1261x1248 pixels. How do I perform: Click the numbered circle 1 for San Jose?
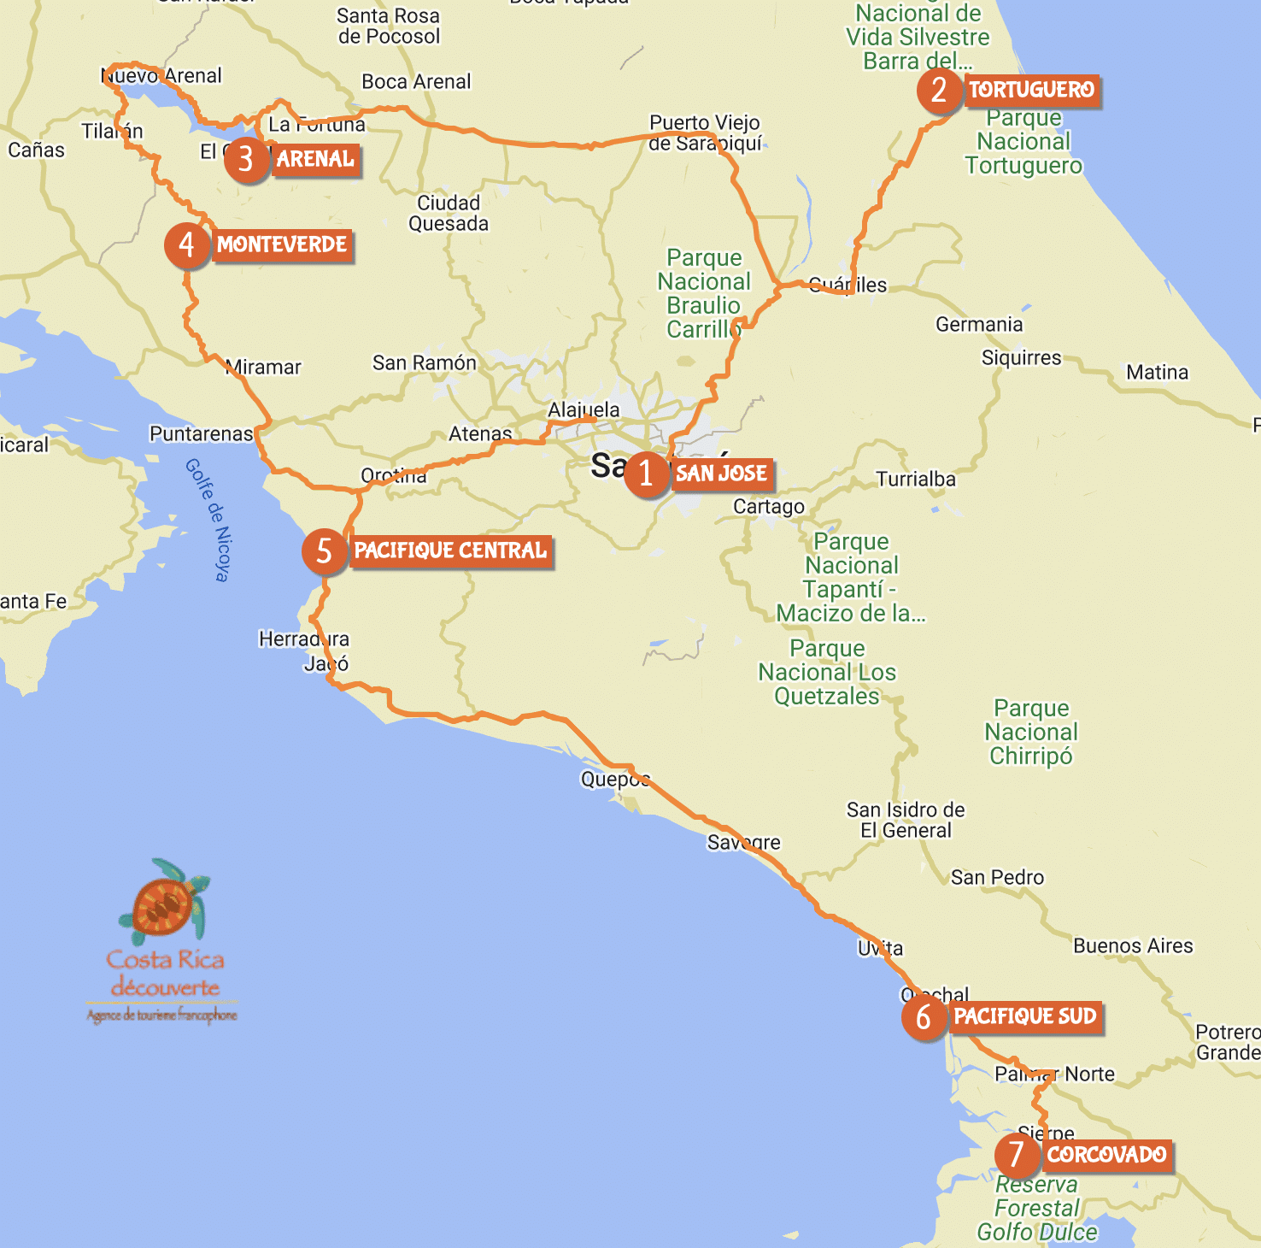[x=646, y=474]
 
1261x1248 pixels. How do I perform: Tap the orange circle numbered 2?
[x=939, y=90]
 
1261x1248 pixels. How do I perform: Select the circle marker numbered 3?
[x=246, y=159]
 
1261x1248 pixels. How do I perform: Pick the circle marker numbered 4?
[x=187, y=245]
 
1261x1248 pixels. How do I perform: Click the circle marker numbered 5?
[x=324, y=551]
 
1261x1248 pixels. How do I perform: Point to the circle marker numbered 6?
[x=924, y=1017]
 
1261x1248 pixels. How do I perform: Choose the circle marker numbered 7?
[x=1017, y=1155]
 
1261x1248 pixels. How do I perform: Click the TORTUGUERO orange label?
[x=1032, y=90]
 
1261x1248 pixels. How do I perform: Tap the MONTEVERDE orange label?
[x=282, y=245]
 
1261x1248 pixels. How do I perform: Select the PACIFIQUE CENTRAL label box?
[x=450, y=550]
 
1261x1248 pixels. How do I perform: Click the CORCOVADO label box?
[x=1106, y=1155]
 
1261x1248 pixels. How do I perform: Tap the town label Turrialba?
[x=916, y=479]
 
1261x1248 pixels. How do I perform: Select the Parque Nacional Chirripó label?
[x=1031, y=732]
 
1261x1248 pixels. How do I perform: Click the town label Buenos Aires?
[x=1133, y=945]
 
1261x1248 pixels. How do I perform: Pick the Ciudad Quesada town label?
[x=449, y=213]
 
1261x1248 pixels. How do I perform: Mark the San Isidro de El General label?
[x=906, y=820]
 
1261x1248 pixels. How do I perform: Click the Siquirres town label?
[x=1021, y=357]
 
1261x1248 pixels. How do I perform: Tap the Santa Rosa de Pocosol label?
[x=389, y=26]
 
